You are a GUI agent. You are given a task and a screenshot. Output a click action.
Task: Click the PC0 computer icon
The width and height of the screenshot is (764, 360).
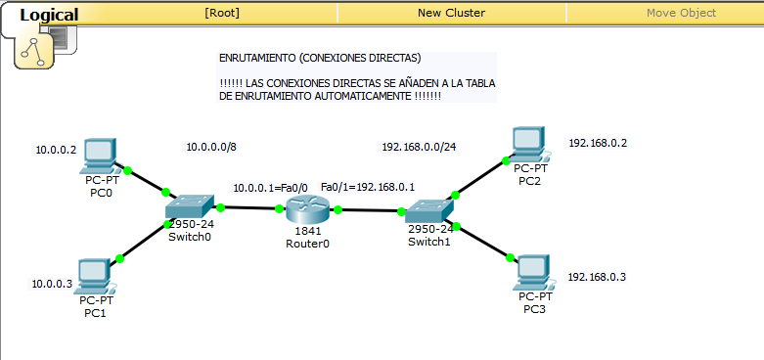(x=100, y=155)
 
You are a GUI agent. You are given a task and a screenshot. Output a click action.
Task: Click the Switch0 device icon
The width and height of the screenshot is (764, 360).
(x=189, y=207)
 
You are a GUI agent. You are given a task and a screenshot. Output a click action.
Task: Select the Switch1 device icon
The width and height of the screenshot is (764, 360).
(x=429, y=209)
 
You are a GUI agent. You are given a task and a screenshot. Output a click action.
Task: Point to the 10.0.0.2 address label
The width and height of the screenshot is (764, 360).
(x=55, y=151)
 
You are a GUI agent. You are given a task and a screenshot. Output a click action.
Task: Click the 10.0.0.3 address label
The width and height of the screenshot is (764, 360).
(x=52, y=284)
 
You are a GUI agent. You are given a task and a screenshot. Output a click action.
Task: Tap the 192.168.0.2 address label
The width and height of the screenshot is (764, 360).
(x=598, y=143)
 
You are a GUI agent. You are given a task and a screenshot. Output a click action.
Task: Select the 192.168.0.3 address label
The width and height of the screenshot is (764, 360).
(x=597, y=277)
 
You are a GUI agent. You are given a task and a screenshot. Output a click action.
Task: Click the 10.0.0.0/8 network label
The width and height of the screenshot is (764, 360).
(x=210, y=148)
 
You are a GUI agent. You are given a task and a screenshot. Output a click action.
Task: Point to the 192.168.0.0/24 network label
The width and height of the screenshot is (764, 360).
(x=419, y=148)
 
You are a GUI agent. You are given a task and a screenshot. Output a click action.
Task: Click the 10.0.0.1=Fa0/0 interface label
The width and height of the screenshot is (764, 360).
(x=270, y=188)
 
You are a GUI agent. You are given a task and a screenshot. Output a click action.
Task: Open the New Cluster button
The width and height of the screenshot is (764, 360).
(x=451, y=13)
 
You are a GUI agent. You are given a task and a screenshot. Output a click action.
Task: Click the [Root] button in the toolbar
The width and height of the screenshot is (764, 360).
(x=222, y=13)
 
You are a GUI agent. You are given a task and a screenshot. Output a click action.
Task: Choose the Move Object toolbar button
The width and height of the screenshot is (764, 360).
(x=681, y=13)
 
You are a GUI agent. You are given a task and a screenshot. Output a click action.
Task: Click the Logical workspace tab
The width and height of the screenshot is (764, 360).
(x=49, y=15)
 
